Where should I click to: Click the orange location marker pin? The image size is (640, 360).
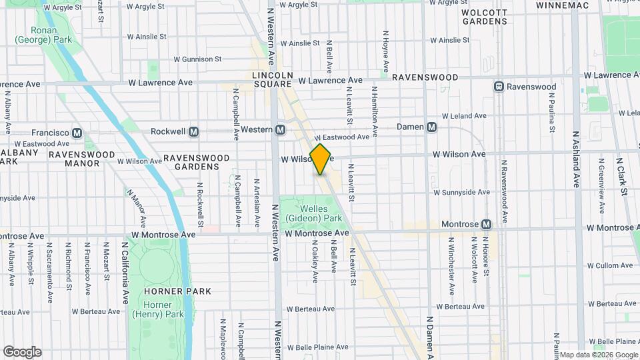(321, 159)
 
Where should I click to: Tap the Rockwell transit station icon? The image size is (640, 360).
(194, 131)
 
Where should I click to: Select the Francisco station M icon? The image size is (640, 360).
(77, 132)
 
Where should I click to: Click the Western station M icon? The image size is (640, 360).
(281, 129)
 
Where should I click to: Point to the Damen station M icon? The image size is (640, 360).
(432, 127)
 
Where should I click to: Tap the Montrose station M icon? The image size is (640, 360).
(487, 225)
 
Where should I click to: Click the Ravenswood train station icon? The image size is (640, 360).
(498, 87)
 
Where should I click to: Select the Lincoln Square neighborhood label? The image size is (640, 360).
(272, 79)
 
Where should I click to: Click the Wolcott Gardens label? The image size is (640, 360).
(485, 17)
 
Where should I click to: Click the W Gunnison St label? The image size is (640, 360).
(197, 59)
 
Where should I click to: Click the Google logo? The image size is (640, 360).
(22, 352)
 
